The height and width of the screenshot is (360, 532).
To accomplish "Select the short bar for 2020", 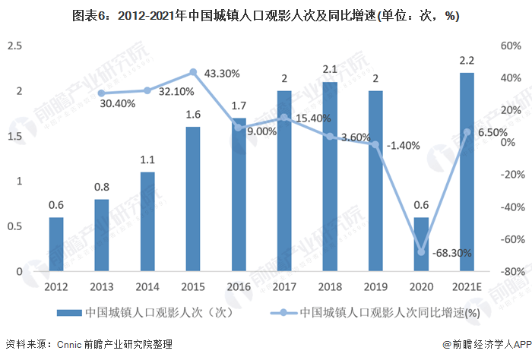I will coord(421,244).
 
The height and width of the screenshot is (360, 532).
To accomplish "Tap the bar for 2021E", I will coord(467,172).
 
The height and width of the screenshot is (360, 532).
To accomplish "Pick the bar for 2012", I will coord(56,244).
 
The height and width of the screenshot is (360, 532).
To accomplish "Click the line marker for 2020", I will coord(421,252).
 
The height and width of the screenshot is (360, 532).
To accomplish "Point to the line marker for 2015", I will coord(193,72).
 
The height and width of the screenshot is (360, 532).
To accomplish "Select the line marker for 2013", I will coord(102,93).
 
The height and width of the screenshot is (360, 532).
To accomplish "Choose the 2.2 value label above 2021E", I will coord(467,61).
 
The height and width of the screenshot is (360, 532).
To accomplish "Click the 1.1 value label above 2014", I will coord(147,160).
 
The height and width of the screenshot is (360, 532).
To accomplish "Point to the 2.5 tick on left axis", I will coord(14,46).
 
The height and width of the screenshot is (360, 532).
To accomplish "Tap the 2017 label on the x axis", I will coord(284,286).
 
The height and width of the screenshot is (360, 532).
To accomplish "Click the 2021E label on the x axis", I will coord(467,286).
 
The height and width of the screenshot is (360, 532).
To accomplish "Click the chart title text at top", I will coord(265,15).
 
